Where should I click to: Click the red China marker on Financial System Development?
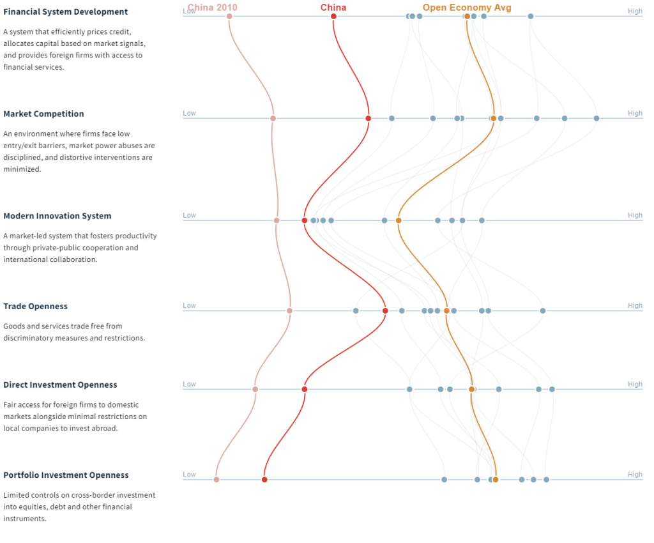coord(333,16)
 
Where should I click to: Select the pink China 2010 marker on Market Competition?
coord(273,118)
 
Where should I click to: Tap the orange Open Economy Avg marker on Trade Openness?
coord(446,311)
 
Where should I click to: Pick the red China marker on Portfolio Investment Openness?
coord(264,480)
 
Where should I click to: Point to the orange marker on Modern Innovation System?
coord(399,220)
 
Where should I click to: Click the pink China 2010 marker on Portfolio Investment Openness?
coord(217,480)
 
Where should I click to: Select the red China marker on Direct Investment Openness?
coord(305,389)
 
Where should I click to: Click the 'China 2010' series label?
coord(212,8)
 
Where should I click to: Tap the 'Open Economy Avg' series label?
coord(467,8)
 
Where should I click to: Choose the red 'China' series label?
coord(333,8)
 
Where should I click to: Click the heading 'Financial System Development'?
coord(66,11)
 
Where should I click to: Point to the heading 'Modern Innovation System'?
coord(57,216)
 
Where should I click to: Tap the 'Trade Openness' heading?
coord(36,306)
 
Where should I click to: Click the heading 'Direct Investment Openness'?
coord(60,385)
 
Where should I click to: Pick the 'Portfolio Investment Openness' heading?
coord(66,475)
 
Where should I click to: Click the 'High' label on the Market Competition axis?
coord(635,113)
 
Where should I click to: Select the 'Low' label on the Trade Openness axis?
coord(189,305)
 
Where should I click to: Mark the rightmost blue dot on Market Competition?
coord(597,118)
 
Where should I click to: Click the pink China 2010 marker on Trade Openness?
coord(289,311)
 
